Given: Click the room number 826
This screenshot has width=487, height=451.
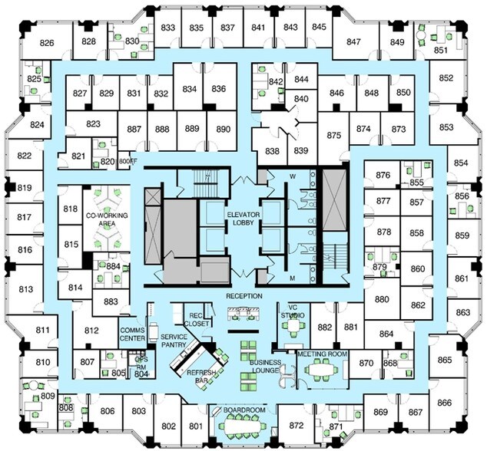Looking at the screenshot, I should coord(47,43).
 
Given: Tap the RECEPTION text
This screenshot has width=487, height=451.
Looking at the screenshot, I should coord(244,295).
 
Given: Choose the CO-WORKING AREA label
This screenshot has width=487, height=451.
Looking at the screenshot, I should coord(105,220).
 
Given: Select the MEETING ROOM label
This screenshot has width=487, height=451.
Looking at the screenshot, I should coord(323,354).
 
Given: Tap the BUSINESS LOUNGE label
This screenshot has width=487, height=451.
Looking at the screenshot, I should coord(259,366).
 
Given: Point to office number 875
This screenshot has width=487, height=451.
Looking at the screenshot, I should coord(333,135).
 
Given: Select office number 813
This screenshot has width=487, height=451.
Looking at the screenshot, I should coord(25,289).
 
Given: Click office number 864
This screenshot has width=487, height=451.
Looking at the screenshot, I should coord(386,334).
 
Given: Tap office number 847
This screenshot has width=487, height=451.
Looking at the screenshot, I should coord(354,41).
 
